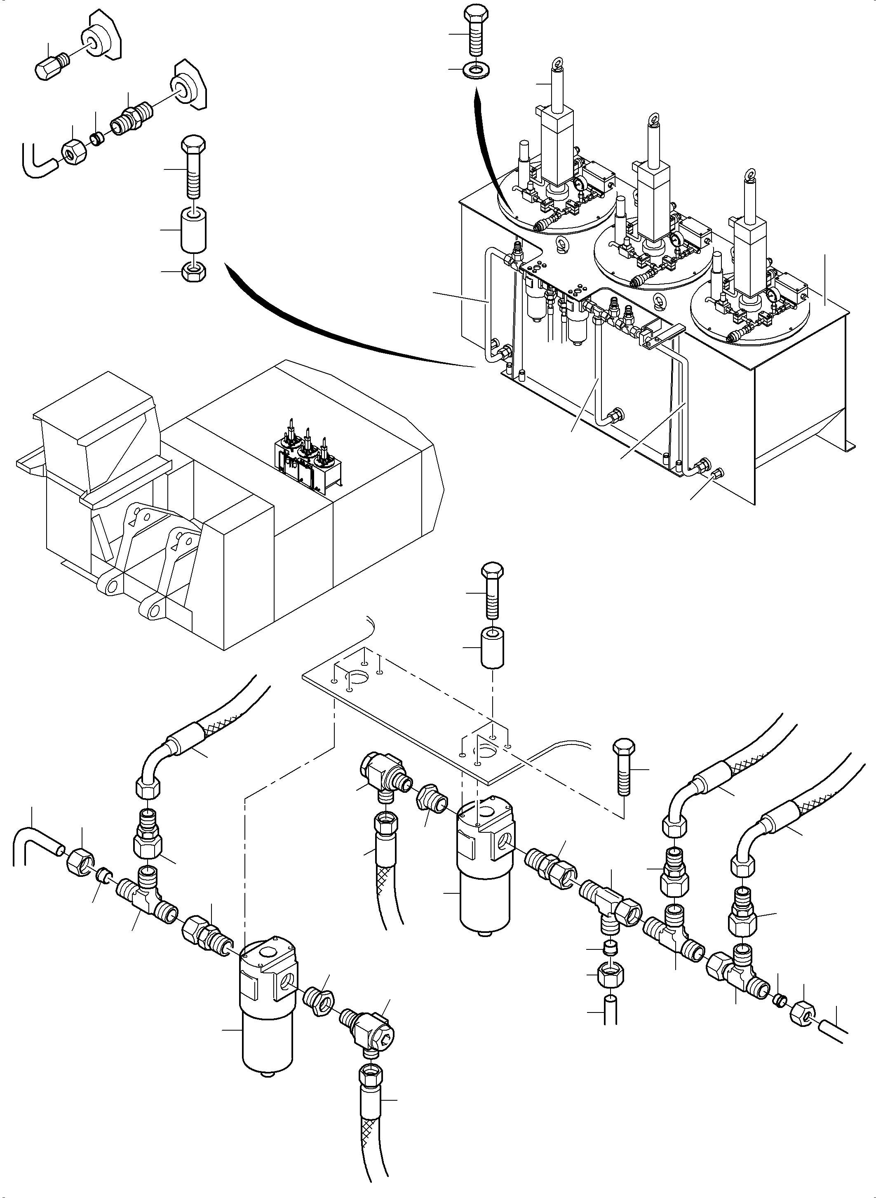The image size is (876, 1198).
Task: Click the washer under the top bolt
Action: (476, 70)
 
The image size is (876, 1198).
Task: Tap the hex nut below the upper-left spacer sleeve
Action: (194, 272)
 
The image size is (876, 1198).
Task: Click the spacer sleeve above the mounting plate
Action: (492, 648)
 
